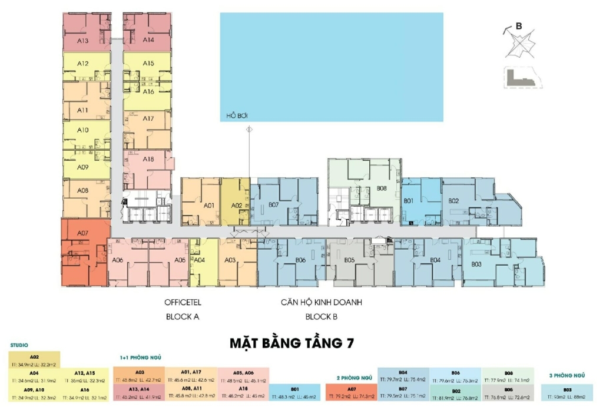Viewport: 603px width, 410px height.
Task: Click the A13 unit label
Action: coord(82,41)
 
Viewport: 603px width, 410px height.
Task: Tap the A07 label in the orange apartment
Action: coord(82,233)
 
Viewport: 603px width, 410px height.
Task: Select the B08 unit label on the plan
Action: coord(381,189)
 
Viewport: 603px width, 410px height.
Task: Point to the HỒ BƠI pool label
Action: coord(236,115)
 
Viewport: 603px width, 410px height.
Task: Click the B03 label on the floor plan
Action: coord(476,264)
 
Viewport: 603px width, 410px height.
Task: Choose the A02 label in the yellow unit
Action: coord(236,206)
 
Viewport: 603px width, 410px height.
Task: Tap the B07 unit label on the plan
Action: coord(273,205)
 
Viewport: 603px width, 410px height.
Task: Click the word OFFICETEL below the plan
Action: coord(183,303)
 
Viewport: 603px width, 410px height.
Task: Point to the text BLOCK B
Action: coord(320,316)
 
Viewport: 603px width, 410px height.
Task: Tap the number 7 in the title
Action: coord(350,342)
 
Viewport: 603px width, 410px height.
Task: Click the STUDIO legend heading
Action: coord(19,345)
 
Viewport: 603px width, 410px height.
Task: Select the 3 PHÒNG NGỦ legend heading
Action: coord(566,375)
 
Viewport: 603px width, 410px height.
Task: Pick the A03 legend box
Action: coord(140,376)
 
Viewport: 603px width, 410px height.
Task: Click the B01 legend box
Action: coord(295,392)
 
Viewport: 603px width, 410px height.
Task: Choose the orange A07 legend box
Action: coord(351,392)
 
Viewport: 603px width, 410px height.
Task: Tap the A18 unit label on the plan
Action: coord(148,159)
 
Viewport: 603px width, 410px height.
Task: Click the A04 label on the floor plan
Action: coord(199,260)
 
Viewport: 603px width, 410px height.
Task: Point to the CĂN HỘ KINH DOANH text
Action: coord(321,303)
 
